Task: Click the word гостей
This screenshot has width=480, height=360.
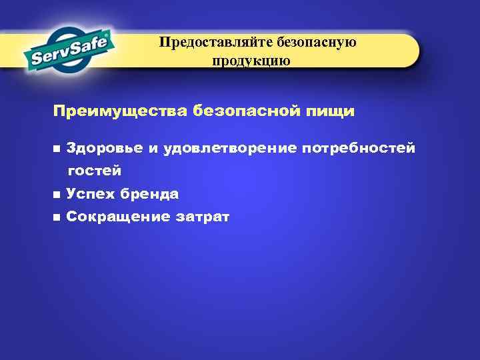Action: coord(94,171)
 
